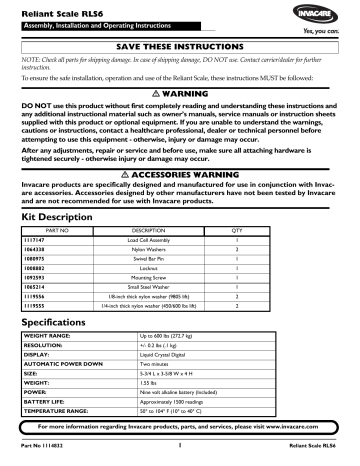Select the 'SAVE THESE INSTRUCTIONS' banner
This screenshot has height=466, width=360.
coord(180,47)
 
